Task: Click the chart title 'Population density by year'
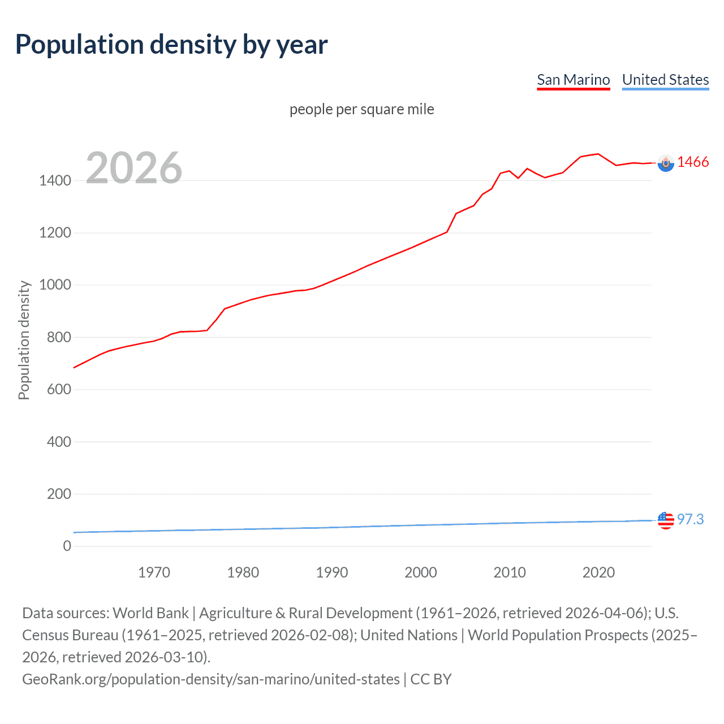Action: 171,45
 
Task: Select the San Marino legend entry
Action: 573,80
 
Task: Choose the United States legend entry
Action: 665,80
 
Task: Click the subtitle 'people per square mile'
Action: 361,109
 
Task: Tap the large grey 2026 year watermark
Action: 134,168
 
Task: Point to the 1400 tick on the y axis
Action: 55,181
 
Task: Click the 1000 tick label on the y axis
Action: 55,285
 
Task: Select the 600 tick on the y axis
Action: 59,390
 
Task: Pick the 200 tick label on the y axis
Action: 59,494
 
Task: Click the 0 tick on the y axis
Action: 67,546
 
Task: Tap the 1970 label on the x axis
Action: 154,572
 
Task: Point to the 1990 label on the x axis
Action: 332,572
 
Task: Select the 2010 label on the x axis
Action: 510,572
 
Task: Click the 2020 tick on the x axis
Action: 598,572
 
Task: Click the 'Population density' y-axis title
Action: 24,340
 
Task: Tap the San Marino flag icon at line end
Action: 666,163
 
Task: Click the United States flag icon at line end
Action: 666,520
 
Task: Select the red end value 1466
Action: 693,162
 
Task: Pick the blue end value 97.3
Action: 690,519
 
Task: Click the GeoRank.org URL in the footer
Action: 210,679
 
